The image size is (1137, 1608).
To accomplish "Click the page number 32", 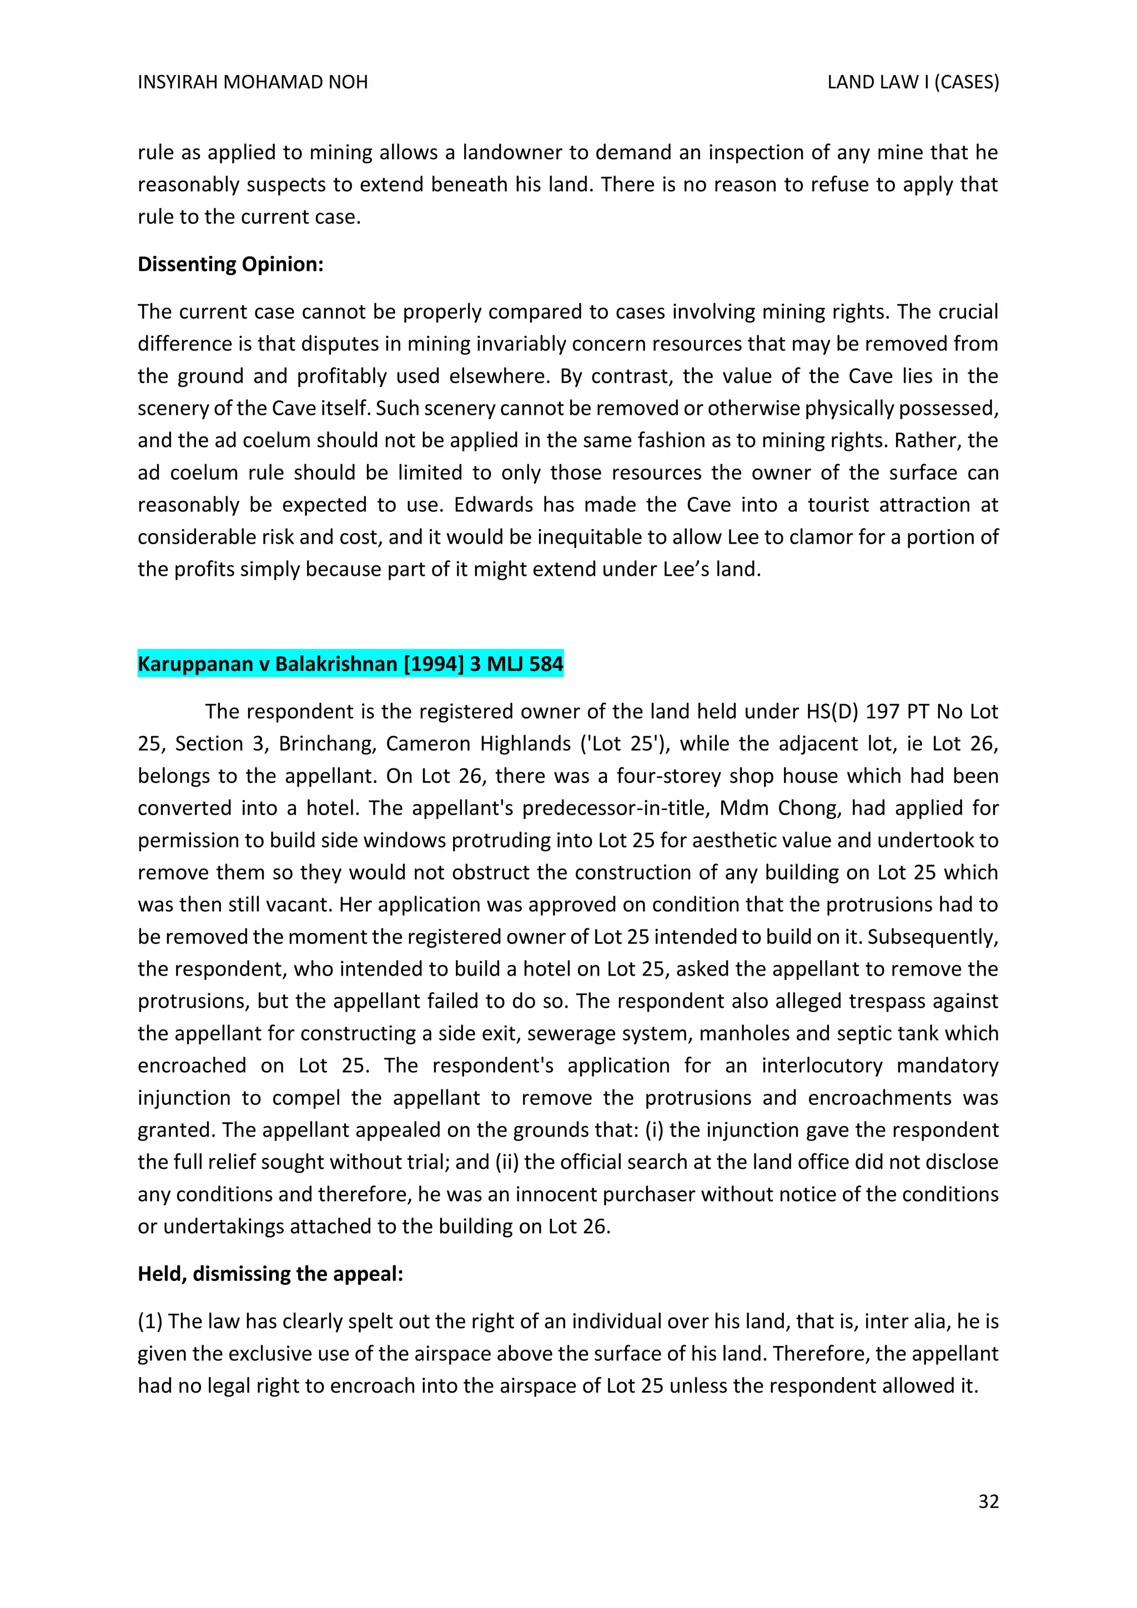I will click(x=988, y=1501).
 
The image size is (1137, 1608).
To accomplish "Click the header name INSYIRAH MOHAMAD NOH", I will click(x=253, y=83).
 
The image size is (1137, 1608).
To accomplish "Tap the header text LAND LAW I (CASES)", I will click(x=912, y=83).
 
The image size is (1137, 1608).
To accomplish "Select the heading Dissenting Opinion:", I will click(x=230, y=264).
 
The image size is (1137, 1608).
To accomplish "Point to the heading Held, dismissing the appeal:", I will click(x=270, y=1273).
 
